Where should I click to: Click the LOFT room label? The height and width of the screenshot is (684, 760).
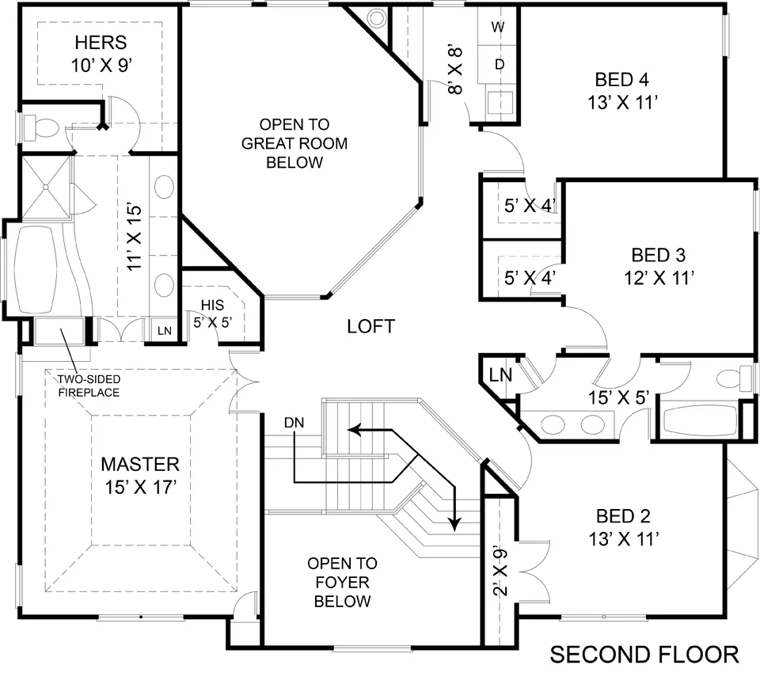(x=370, y=326)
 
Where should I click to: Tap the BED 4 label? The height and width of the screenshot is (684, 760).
(x=622, y=79)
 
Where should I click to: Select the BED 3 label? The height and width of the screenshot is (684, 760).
(x=658, y=255)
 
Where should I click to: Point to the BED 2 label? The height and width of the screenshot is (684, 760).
(x=623, y=516)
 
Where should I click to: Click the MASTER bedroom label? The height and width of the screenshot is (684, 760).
(x=140, y=465)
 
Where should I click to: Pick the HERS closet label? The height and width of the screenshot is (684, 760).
(x=101, y=43)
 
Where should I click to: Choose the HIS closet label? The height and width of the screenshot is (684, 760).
(x=212, y=305)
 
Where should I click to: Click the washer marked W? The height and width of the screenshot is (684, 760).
(x=498, y=27)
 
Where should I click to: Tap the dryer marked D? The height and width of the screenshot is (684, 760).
(x=498, y=64)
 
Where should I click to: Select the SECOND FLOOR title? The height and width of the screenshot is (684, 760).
(x=644, y=655)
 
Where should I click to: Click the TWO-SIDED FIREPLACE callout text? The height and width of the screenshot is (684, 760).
(x=89, y=386)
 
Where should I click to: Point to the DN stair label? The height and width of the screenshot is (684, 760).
(x=294, y=424)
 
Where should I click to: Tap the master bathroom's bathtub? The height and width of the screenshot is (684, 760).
(x=34, y=270)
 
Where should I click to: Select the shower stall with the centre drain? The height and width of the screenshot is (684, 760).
(x=46, y=187)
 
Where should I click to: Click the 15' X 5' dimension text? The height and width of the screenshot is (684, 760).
(x=618, y=397)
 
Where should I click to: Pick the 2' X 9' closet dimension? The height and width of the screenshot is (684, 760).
(x=500, y=572)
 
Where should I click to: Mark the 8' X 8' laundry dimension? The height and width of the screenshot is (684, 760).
(x=455, y=70)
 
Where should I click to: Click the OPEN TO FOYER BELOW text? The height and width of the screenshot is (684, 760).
(x=342, y=582)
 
